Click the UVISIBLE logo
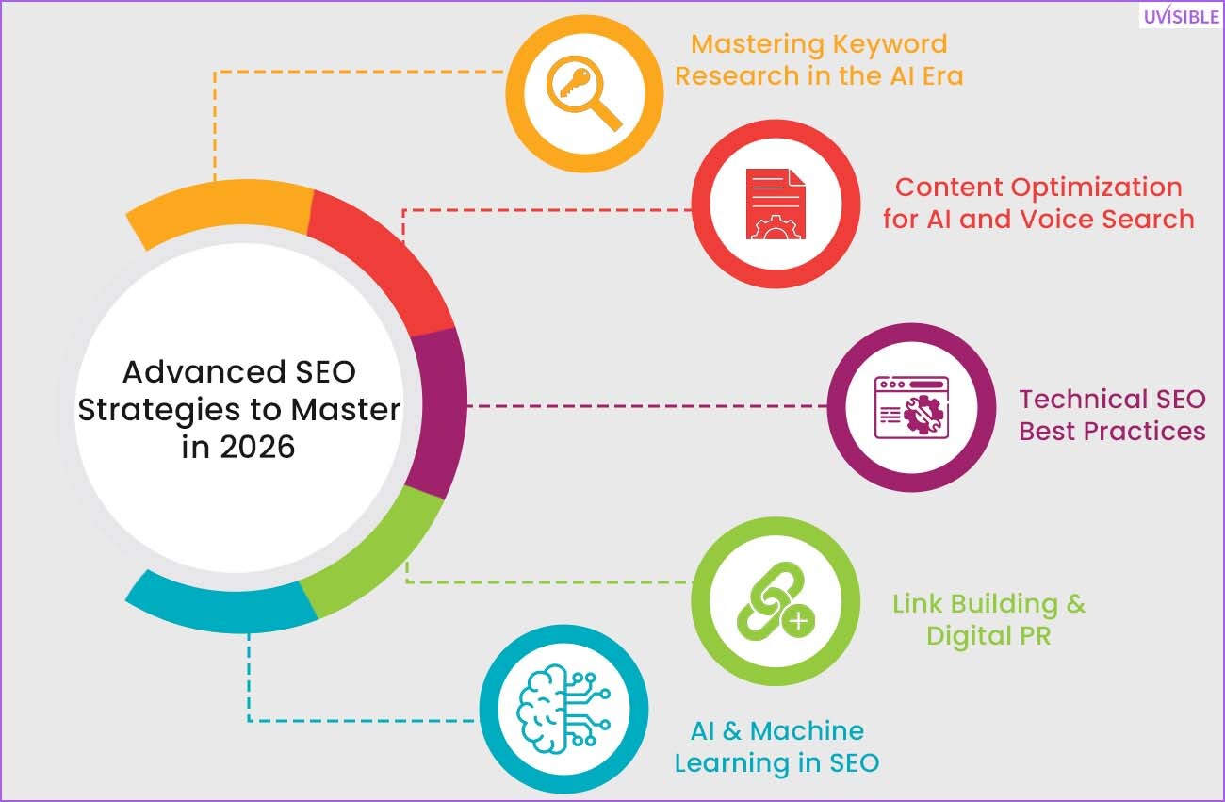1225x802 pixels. pyautogui.click(x=1181, y=16)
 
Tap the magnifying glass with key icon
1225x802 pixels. pyautogui.click(x=584, y=93)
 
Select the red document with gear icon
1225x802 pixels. pyautogui.click(x=776, y=205)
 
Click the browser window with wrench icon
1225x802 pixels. pyautogui.click(x=911, y=407)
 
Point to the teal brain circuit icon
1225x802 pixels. pyautogui.click(x=563, y=709)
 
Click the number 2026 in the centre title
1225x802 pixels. pyautogui.click(x=257, y=448)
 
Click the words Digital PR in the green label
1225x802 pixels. pyautogui.click(x=988, y=636)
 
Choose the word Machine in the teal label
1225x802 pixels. pyautogui.click(x=808, y=731)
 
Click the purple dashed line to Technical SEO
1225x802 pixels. pyautogui.click(x=647, y=406)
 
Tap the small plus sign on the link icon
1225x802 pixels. pyautogui.click(x=798, y=621)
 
